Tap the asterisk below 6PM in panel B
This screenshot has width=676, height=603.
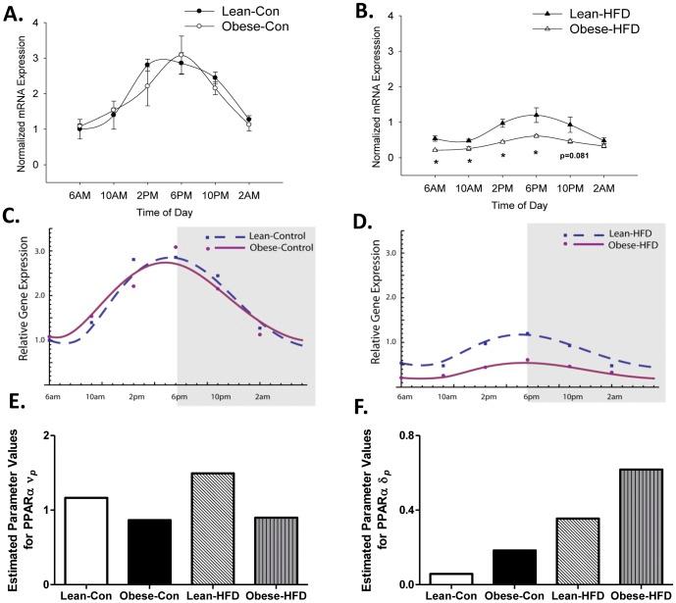pos(536,153)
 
